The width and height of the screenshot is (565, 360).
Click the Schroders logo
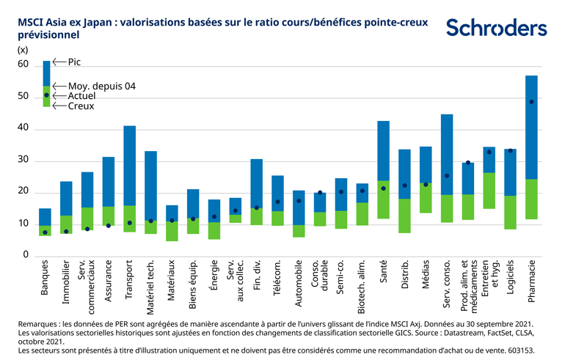coord(496,28)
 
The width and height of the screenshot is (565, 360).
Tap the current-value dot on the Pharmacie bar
coord(532,102)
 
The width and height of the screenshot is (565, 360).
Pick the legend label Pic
coord(74,62)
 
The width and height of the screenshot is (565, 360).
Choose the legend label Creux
coord(81,106)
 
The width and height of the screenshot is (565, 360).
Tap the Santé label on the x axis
coord(383,272)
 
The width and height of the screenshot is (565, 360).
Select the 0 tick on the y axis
coord(25,255)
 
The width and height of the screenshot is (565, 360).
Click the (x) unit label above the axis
coord(22,50)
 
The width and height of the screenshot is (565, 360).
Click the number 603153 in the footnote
coord(520,350)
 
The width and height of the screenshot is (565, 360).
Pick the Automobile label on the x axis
coord(299,282)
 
